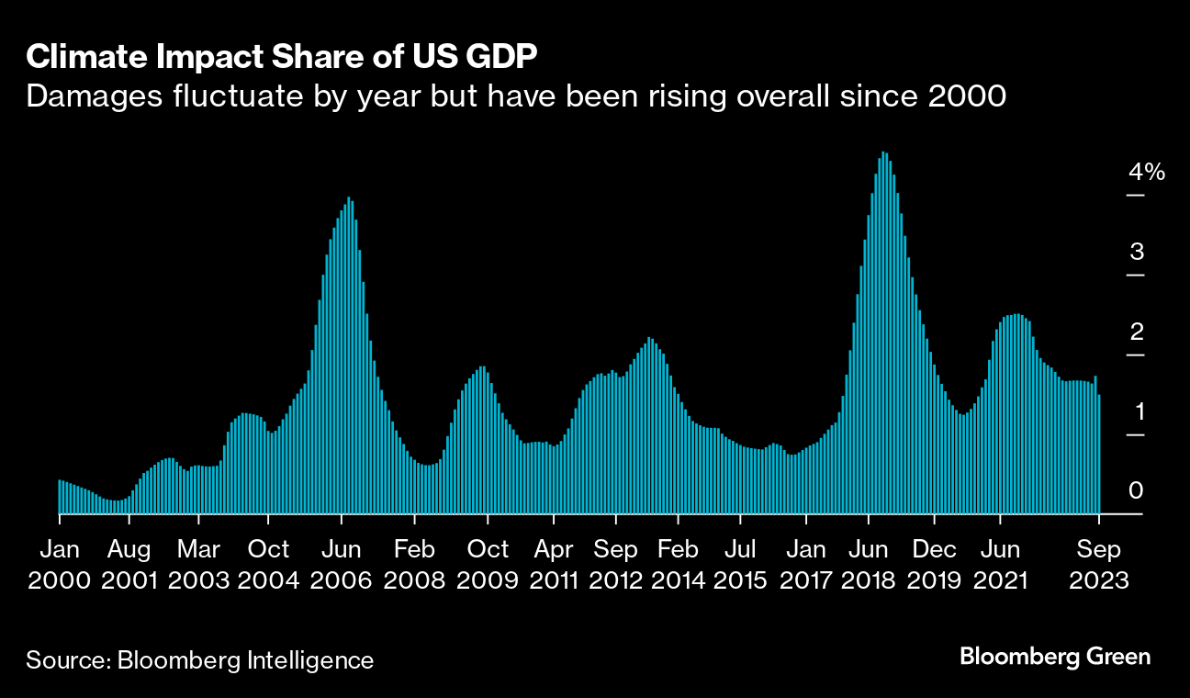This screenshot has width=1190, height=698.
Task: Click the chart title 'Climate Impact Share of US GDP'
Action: (282, 57)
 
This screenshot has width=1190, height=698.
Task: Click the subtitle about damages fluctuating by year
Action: (517, 96)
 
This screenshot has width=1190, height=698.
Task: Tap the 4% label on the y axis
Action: (1147, 172)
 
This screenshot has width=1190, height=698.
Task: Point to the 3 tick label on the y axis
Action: (1137, 252)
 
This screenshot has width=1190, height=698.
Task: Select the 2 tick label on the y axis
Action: (1137, 332)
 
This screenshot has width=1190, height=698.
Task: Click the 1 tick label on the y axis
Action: (1137, 411)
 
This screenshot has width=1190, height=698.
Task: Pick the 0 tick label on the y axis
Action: (1137, 490)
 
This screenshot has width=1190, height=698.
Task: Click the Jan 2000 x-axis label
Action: (59, 565)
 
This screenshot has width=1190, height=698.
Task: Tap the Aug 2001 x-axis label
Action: (129, 565)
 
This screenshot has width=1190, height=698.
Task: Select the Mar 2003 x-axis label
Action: (198, 565)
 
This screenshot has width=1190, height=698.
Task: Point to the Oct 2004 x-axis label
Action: (269, 565)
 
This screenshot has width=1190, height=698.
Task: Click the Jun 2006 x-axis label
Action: (341, 565)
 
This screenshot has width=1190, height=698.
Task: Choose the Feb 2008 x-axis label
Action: (414, 565)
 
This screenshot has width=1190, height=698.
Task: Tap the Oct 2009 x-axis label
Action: (488, 565)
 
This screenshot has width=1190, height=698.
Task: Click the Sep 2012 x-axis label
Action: (615, 565)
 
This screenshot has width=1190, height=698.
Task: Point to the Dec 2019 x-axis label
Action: (934, 565)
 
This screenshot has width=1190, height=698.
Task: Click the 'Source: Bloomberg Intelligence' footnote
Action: (200, 660)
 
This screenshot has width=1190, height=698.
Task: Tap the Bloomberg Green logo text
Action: (1055, 657)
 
